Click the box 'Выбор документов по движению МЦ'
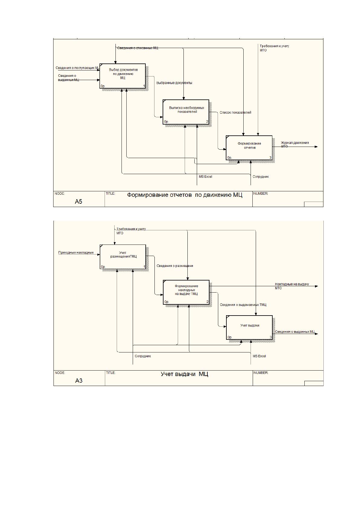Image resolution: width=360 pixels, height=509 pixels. [x=122, y=76]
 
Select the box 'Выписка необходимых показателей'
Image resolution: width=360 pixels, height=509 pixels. [x=186, y=112]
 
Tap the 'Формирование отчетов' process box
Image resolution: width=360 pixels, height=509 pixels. [x=249, y=148]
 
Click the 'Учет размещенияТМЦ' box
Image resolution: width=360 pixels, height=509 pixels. [x=123, y=257]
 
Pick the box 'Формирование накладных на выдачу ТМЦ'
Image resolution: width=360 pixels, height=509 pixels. [x=186, y=292]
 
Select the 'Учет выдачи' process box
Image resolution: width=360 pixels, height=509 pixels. [x=249, y=327]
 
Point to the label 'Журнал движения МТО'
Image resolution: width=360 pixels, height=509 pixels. [x=295, y=144]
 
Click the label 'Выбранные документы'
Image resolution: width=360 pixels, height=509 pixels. [x=174, y=83]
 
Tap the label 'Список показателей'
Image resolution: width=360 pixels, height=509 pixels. [x=235, y=112]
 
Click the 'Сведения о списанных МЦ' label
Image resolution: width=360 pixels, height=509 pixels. [x=138, y=48]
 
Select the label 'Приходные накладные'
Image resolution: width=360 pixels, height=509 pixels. [x=76, y=252]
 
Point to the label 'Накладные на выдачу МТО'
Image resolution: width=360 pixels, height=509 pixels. [x=292, y=286]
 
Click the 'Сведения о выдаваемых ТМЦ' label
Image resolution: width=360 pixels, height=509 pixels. [x=243, y=305]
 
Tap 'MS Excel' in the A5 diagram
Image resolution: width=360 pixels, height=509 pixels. [x=206, y=177]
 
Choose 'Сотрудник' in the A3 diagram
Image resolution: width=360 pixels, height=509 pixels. [x=143, y=356]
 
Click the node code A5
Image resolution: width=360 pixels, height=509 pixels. [x=78, y=202]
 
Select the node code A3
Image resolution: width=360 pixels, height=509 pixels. [x=79, y=381]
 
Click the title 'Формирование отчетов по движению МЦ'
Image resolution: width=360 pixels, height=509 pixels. [x=185, y=195]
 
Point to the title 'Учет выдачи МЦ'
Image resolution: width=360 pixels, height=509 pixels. [x=184, y=374]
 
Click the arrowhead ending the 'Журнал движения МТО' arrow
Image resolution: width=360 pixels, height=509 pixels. [x=316, y=147]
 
